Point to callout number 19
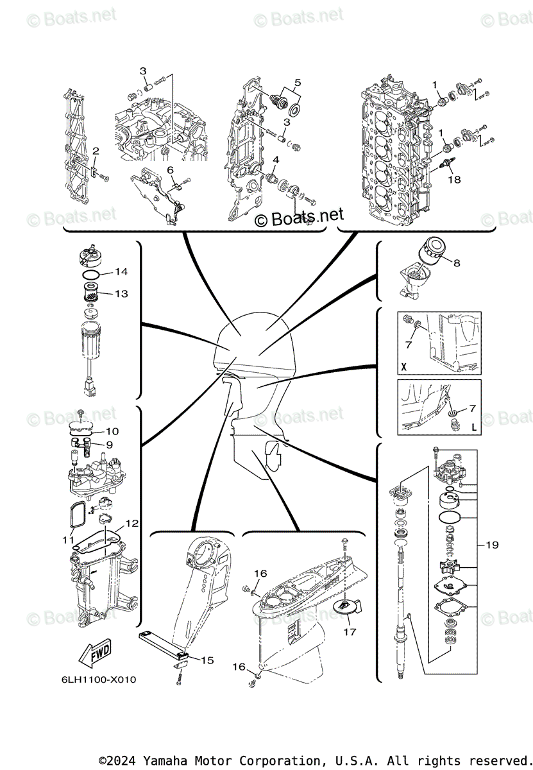click(492, 545)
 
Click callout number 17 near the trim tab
click(349, 632)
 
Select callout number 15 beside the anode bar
click(207, 660)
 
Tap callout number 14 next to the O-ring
click(121, 272)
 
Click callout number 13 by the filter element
click(121, 293)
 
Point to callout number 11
click(68, 540)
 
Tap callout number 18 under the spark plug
click(454, 180)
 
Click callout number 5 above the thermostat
click(298, 82)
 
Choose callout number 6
click(171, 169)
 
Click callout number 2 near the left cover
click(95, 151)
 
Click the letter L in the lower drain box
click(474, 427)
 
